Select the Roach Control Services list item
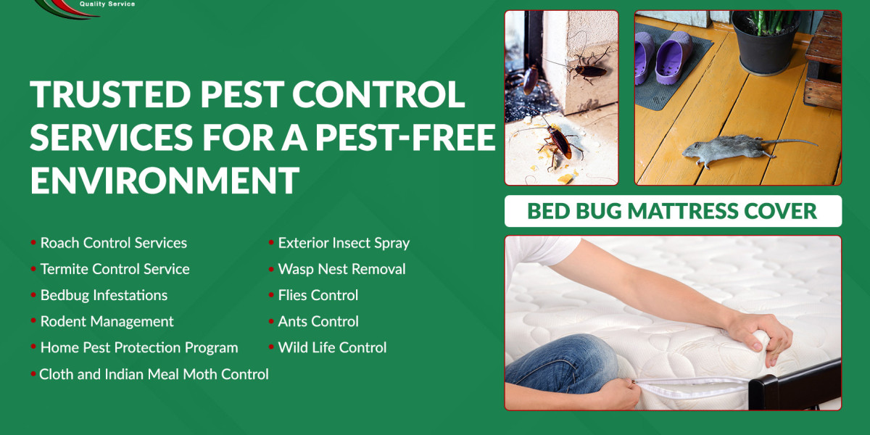pyautogui.click(x=113, y=243)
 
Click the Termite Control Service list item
pyautogui.click(x=115, y=269)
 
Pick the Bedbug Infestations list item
pyautogui.click(x=104, y=295)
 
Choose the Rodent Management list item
pyautogui.click(x=107, y=321)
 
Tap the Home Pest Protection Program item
pyautogui.click(x=138, y=347)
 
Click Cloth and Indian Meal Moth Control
pyautogui.click(x=154, y=374)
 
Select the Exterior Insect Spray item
pyautogui.click(x=344, y=243)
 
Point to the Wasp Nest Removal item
pyautogui.click(x=341, y=269)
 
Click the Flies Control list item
pyautogui.click(x=318, y=295)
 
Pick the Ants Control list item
pyautogui.click(x=318, y=321)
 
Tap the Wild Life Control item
pyautogui.click(x=332, y=347)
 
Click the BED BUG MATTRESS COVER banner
pyautogui.click(x=672, y=211)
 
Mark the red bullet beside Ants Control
pyautogui.click(x=271, y=320)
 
